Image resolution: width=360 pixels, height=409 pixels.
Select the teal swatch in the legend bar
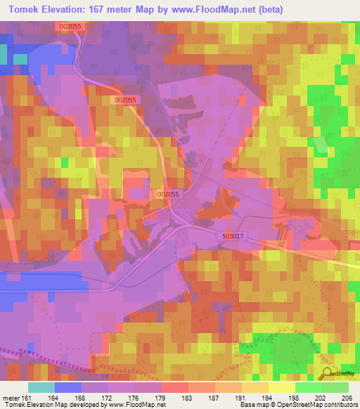pyautogui.click(x=41, y=387)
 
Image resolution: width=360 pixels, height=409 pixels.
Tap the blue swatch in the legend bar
pyautogui.click(x=68, y=387)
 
